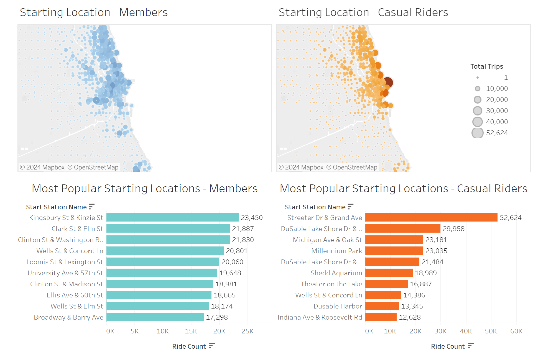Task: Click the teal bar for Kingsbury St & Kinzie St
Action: point(172,217)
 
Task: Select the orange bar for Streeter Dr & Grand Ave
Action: point(431,217)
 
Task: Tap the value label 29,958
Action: point(453,229)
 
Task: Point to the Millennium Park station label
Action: point(336,251)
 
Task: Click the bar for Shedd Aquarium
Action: point(389,273)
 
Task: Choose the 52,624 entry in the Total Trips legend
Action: point(497,133)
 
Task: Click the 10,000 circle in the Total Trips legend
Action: point(478,89)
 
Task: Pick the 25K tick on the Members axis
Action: point(248,331)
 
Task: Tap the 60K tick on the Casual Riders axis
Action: point(516,331)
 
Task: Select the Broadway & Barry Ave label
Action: point(68,317)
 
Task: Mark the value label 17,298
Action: point(217,317)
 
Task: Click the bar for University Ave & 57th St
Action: point(162,273)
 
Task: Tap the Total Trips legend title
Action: point(486,66)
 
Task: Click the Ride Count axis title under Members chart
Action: point(189,346)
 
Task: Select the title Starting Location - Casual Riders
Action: point(363,12)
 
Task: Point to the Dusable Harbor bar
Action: point(382,306)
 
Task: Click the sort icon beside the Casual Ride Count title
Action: point(471,346)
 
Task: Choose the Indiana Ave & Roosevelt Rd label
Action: point(320,317)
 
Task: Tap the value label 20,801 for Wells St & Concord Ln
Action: point(237,251)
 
